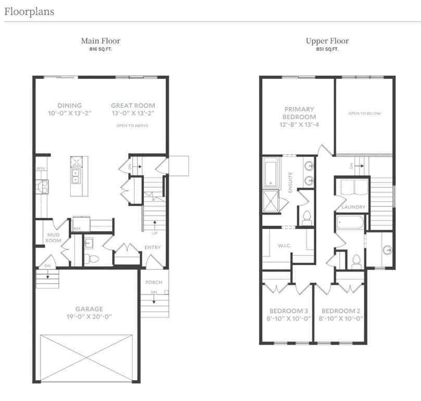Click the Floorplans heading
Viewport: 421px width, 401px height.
[29, 11]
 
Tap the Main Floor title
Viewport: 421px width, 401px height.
[101, 41]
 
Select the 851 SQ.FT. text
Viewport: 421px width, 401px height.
[327, 49]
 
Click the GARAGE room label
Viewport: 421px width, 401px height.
[88, 309]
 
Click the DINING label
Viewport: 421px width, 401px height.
[70, 105]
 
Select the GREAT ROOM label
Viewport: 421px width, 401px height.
[133, 105]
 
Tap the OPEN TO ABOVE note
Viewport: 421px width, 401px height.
[133, 126]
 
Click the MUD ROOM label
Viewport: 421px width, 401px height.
[54, 238]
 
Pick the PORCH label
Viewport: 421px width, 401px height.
[154, 282]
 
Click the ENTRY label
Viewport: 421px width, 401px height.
[153, 247]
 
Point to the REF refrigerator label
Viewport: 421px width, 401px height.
[77, 228]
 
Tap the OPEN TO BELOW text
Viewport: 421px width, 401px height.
[365, 113]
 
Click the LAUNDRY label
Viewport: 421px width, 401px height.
[353, 207]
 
